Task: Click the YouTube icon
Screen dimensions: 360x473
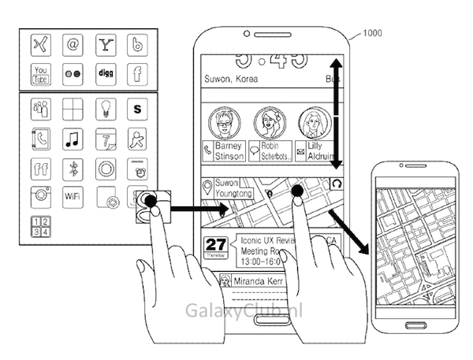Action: tap(41, 75)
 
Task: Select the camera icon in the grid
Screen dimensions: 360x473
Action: tap(41, 197)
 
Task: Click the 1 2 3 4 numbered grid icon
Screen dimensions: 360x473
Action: tap(41, 225)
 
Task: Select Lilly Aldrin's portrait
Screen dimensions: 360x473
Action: tap(315, 124)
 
